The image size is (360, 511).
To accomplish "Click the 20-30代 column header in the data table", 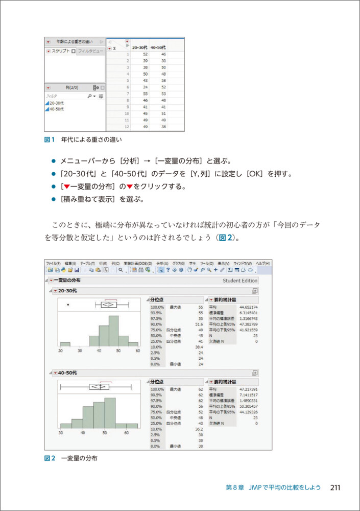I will tap(139, 47).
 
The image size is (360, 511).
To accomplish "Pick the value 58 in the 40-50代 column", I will tap(163, 81).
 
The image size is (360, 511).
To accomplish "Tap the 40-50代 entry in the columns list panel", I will tap(56, 109).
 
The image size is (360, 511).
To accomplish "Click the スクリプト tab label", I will tap(60, 51).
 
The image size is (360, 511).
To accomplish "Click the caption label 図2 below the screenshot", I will tap(49, 458).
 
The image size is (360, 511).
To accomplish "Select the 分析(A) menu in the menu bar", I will tap(162, 263).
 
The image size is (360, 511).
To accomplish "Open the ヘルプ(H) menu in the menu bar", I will tap(262, 263).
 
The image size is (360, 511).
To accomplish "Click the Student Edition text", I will tap(240, 281).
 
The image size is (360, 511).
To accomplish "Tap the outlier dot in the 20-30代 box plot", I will tap(68, 305).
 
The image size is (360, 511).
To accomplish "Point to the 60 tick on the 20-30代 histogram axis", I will tap(137, 351).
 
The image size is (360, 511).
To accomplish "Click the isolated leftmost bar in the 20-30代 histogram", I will tap(65, 344).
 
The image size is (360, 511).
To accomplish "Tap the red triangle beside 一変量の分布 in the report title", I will tap(51, 281).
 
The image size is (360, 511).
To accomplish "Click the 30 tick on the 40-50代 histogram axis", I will tap(61, 433).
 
